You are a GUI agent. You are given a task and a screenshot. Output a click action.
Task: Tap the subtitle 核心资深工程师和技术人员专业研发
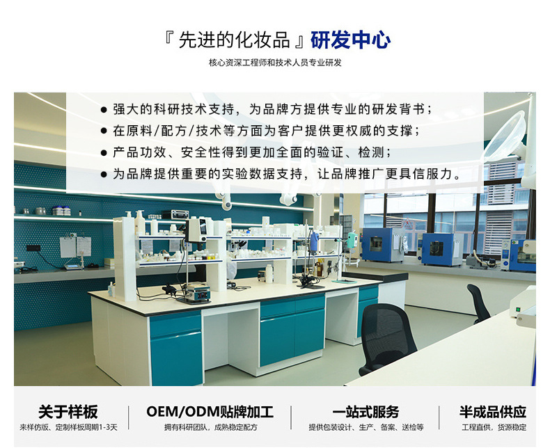(275, 63)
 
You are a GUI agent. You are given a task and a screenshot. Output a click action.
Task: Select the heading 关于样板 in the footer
(68, 411)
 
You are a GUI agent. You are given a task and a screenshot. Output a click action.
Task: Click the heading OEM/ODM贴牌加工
(210, 411)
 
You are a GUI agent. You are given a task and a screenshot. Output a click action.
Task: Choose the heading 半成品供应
(492, 411)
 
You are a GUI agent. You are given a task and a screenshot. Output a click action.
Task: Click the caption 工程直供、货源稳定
(494, 426)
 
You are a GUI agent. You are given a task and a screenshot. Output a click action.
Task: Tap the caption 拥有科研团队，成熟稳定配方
(210, 426)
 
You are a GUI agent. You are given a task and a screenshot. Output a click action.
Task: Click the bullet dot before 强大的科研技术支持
(104, 110)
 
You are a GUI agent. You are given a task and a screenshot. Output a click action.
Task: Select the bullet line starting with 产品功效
(251, 152)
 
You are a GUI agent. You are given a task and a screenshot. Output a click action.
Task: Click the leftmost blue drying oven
(382, 244)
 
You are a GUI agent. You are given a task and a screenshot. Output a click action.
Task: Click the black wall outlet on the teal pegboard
(31, 248)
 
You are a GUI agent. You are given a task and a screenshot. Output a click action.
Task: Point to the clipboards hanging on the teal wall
(75, 246)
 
